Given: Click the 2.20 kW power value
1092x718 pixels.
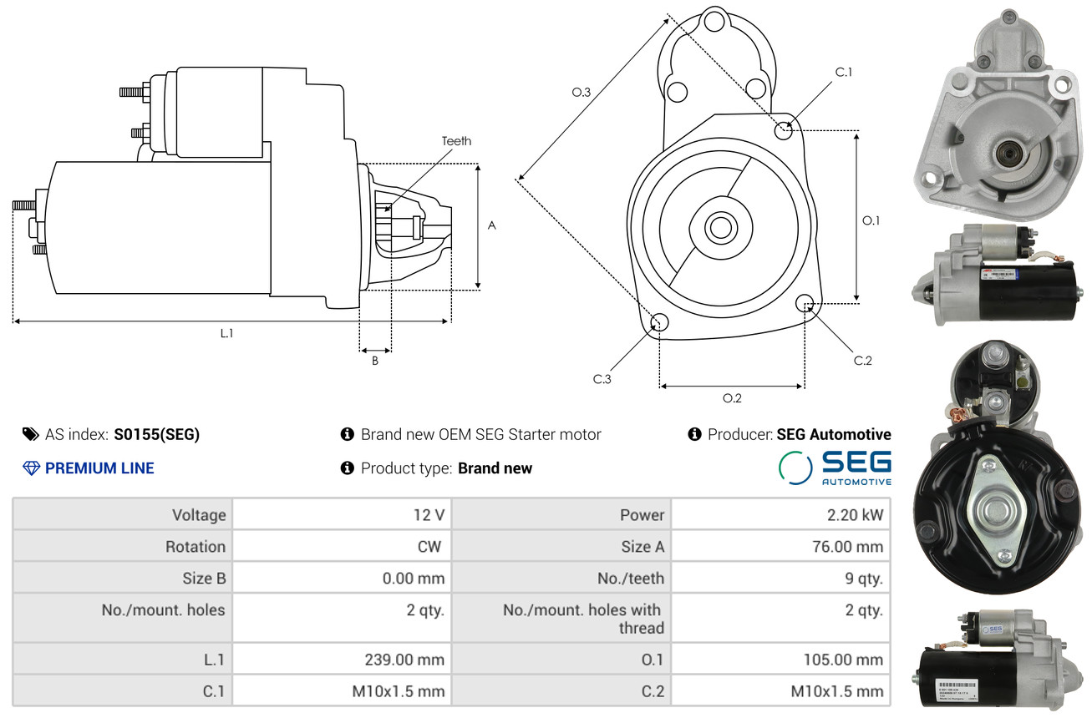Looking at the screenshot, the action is pyautogui.click(x=855, y=514).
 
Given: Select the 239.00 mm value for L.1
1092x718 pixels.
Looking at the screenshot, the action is pyautogui.click(x=404, y=659).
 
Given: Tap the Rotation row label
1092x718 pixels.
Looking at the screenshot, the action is pyautogui.click(x=196, y=546).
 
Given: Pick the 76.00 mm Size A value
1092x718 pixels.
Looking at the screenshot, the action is pyautogui.click(x=847, y=546).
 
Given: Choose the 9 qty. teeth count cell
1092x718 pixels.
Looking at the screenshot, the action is pyautogui.click(x=864, y=579).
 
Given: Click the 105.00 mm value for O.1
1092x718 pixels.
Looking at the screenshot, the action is pyautogui.click(x=843, y=659).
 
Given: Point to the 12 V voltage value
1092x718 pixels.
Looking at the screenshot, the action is pyautogui.click(x=429, y=514).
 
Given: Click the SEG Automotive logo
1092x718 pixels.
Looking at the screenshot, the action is pyautogui.click(x=835, y=468).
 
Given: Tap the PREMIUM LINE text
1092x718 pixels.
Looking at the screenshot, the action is pyautogui.click(x=99, y=468).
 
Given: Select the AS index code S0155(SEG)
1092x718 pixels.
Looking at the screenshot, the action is pyautogui.click(x=156, y=434).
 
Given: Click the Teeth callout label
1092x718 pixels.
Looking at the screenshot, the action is pyautogui.click(x=456, y=141).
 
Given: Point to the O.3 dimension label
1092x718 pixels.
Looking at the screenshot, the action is pyautogui.click(x=582, y=92).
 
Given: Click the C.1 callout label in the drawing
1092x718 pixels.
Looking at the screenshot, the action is pyautogui.click(x=844, y=72).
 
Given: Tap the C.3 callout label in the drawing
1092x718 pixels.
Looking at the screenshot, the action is pyautogui.click(x=602, y=379).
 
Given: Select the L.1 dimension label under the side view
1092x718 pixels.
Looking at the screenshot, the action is pyautogui.click(x=226, y=333).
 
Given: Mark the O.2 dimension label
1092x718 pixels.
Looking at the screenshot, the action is pyautogui.click(x=732, y=398).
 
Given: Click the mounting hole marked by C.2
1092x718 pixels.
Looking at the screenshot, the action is pyautogui.click(x=805, y=303).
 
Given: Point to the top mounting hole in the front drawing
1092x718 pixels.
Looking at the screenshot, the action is pyautogui.click(x=714, y=22).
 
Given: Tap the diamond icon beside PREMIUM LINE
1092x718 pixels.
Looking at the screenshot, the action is pyautogui.click(x=31, y=468).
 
